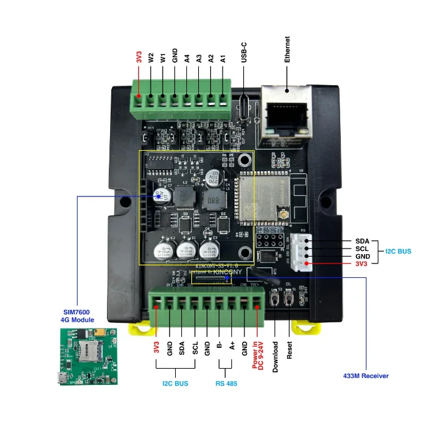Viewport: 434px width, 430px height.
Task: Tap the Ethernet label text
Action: coord(288,48)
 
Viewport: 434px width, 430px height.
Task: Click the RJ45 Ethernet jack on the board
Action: coord(283,115)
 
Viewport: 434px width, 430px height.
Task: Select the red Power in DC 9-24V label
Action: coord(258,353)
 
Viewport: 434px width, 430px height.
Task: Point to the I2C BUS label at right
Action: coord(398,251)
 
